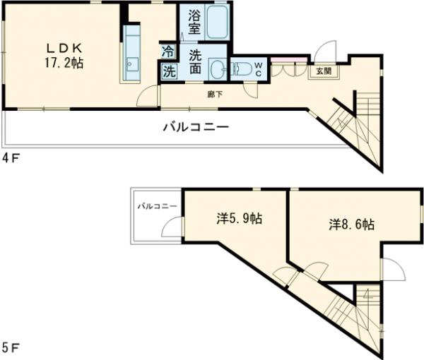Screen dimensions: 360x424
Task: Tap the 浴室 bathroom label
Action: click(194, 23)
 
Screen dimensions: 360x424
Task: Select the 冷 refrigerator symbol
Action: click(168, 51)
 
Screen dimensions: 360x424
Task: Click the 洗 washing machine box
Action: click(169, 71)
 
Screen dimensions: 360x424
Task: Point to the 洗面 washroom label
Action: click(194, 62)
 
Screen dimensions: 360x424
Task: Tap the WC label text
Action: click(258, 68)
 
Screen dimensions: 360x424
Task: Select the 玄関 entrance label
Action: click(323, 71)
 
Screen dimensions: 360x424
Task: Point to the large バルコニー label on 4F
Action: click(196, 128)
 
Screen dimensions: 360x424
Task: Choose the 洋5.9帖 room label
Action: click(239, 219)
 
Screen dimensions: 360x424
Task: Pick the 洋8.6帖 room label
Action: click(351, 224)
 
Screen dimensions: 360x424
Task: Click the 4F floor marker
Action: click(11, 157)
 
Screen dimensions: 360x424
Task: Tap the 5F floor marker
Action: click(11, 348)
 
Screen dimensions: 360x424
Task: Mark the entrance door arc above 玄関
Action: click(326, 51)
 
